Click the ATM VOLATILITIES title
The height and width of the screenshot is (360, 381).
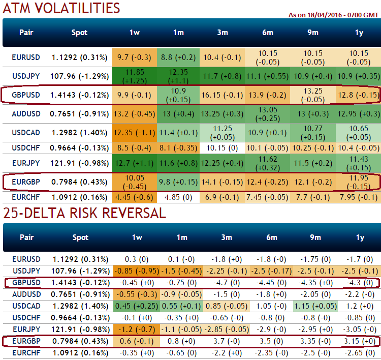coord(61,8)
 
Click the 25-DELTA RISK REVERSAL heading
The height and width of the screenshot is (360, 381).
coord(84,213)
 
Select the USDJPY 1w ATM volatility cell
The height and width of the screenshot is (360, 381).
coord(135,76)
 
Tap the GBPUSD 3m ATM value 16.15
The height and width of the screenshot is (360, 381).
coord(222,95)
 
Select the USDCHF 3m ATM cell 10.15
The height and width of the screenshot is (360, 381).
coord(222,148)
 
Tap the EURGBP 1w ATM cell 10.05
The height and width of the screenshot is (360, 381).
coord(135,182)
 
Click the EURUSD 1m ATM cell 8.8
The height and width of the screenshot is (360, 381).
coord(178,57)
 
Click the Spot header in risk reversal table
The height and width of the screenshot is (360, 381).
coord(80,237)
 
